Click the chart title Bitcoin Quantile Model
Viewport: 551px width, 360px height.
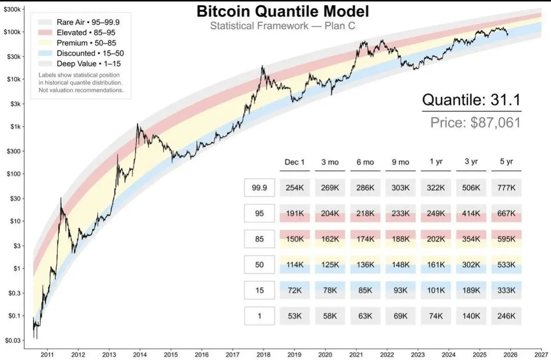pos(283,11)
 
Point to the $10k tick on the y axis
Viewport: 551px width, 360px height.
pos(14,79)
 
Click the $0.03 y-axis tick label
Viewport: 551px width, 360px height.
pos(13,340)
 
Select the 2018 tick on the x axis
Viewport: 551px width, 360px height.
pos(264,354)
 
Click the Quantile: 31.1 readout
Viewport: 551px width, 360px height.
pos(471,101)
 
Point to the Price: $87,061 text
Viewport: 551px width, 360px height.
pos(475,123)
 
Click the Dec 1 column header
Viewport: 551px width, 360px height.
pos(294,162)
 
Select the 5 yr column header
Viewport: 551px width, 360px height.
pos(506,162)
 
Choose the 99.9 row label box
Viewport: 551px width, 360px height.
pos(259,188)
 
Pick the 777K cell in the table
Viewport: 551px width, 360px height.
pos(506,188)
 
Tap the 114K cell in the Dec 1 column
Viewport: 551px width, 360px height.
pos(294,265)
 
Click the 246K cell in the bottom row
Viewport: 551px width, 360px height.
pos(506,316)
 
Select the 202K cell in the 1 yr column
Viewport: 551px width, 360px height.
pos(435,239)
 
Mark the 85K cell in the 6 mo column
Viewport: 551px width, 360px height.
pos(365,290)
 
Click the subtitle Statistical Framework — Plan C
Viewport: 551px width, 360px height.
pos(283,26)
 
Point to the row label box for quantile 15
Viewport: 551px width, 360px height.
pos(259,290)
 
